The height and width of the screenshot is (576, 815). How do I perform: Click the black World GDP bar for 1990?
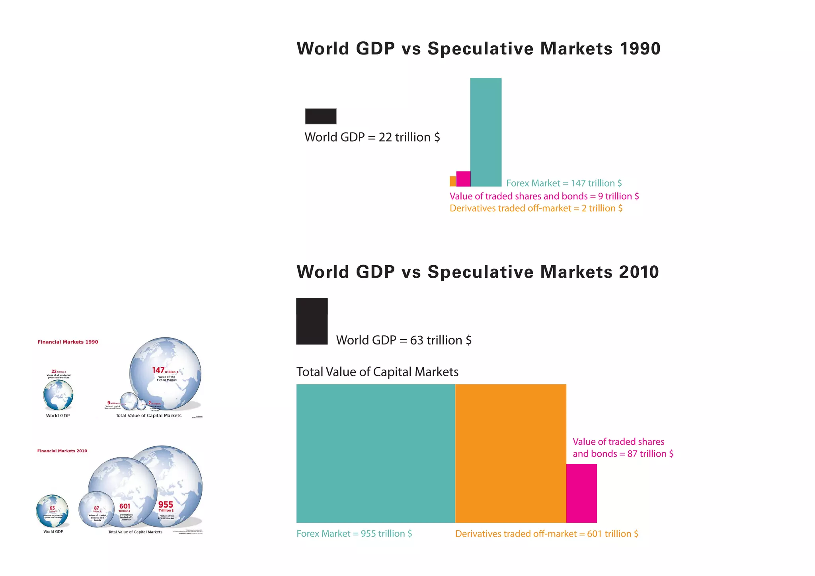(x=320, y=116)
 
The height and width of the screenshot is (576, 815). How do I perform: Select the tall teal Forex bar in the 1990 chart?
(x=485, y=132)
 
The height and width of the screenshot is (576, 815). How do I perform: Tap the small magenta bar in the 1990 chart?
(x=463, y=179)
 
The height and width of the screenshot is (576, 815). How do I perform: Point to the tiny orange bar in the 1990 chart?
(x=452, y=181)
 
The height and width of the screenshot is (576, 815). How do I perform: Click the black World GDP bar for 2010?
(x=312, y=321)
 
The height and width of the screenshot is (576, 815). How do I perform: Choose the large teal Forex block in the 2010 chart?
(x=375, y=453)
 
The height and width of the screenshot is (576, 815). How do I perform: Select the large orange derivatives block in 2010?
(x=510, y=453)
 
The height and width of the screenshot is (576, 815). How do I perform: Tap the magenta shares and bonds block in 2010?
(x=581, y=493)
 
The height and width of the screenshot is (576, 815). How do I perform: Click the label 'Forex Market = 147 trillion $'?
(x=563, y=183)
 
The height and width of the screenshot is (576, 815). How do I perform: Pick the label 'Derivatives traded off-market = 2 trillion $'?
(x=536, y=208)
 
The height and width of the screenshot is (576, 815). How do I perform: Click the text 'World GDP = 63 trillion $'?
(x=404, y=341)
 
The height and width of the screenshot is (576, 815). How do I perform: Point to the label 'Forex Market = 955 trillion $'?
(x=354, y=534)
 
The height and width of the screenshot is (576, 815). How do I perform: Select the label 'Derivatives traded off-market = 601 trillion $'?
(x=546, y=534)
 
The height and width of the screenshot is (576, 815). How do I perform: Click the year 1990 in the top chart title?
(x=640, y=49)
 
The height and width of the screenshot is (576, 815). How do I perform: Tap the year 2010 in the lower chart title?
(x=639, y=272)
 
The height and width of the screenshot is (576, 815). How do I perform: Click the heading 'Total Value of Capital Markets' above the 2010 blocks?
(x=377, y=372)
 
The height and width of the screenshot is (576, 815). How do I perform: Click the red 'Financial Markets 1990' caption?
(x=68, y=342)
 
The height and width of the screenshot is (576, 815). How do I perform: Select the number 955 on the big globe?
(x=166, y=504)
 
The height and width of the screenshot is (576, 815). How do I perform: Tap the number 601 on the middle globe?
(x=125, y=506)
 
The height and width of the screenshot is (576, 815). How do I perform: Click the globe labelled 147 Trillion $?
(x=165, y=374)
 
